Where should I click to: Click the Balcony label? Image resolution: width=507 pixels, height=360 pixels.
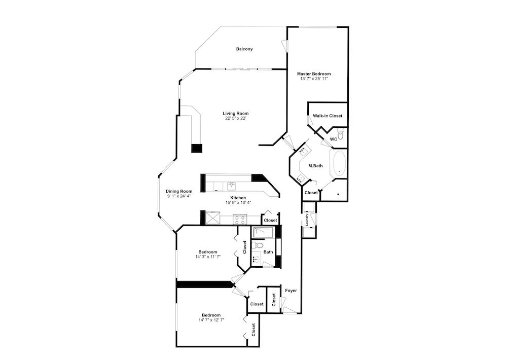tap(244, 49)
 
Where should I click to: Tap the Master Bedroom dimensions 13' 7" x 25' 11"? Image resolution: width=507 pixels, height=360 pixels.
tap(314, 79)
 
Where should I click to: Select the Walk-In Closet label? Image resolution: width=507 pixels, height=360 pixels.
tap(327, 116)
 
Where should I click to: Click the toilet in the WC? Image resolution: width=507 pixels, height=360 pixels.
tap(340, 133)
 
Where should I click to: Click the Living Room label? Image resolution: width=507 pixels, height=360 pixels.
tap(235, 114)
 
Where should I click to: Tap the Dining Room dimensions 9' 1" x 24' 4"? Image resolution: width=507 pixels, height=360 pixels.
tap(178, 196)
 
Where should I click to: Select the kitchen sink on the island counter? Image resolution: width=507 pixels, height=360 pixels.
tap(232, 186)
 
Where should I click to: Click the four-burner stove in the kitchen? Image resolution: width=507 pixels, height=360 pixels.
tap(240, 219)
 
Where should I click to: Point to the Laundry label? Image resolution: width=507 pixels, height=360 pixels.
tap(306, 220)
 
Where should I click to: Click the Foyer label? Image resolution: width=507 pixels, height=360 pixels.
tap(291, 291)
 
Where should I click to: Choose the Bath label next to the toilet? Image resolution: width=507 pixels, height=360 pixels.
tap(268, 252)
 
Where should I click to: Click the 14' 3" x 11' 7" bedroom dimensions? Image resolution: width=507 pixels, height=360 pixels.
tap(207, 257)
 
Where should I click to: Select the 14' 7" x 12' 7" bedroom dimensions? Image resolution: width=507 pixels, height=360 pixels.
tap(211, 320)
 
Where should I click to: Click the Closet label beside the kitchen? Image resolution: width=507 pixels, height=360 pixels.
tap(270, 220)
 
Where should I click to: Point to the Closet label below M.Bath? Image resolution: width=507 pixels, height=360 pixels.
tap(311, 193)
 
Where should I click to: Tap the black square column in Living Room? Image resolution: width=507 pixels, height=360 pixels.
tap(197, 148)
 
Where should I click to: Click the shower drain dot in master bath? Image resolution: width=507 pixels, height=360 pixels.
tap(338, 194)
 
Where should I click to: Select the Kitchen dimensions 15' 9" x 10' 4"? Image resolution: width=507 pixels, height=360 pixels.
tap(238, 203)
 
